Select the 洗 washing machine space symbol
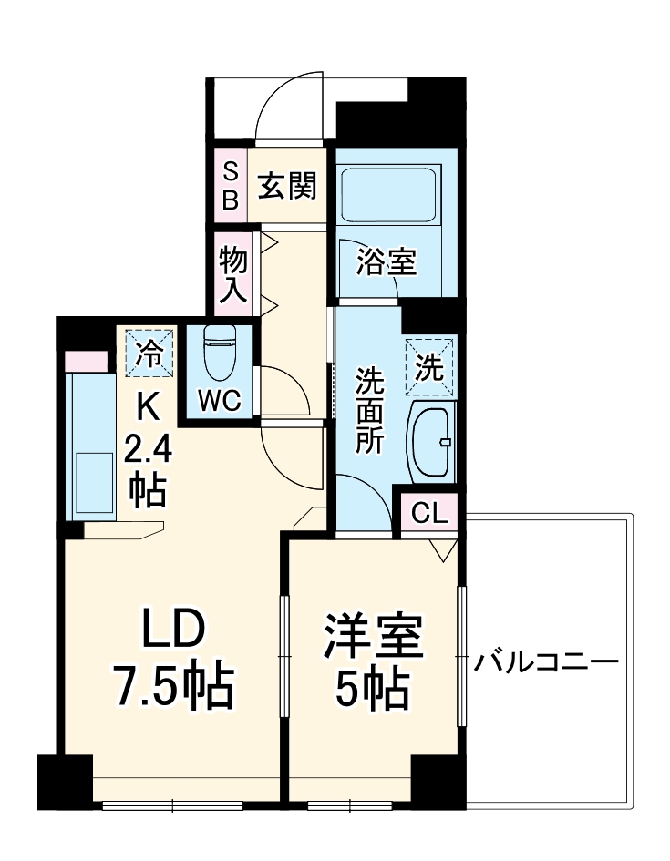click(428, 366)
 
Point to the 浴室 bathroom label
click(387, 262)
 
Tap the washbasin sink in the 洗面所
click(429, 442)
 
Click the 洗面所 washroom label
click(369, 405)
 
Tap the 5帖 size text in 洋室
click(369, 692)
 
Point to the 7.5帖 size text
click(173, 689)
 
